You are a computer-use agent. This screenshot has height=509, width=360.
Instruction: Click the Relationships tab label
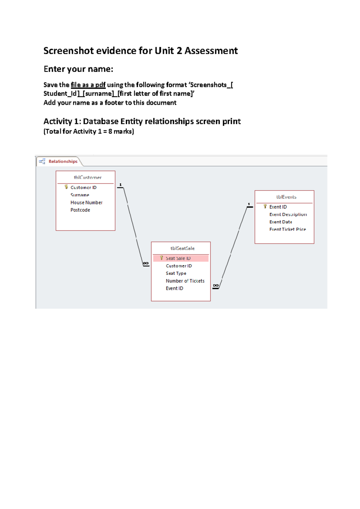(x=63, y=161)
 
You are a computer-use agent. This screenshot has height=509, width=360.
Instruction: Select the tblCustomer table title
(x=88, y=177)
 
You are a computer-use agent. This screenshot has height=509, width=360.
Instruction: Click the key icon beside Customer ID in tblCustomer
(x=66, y=187)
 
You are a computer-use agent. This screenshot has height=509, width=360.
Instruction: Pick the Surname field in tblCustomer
(x=80, y=195)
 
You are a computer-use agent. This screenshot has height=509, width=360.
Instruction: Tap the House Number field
(x=86, y=203)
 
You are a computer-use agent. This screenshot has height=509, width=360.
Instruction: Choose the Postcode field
(x=80, y=210)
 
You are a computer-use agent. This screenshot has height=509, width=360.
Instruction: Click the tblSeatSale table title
(x=182, y=248)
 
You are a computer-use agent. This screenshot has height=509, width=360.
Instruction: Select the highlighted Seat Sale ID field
(x=178, y=258)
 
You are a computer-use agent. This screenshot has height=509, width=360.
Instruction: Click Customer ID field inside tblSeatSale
(x=179, y=266)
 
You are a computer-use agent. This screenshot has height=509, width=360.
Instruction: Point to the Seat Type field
(x=176, y=273)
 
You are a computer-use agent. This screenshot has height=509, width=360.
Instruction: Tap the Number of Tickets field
(x=185, y=281)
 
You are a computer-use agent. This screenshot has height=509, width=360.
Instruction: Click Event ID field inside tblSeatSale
(x=174, y=288)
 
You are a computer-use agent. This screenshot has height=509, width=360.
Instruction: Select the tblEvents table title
(x=286, y=197)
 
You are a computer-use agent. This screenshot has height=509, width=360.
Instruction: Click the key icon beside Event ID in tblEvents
(x=265, y=206)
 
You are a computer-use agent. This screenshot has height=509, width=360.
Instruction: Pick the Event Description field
(x=288, y=214)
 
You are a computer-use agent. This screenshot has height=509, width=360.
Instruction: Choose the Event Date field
(x=280, y=222)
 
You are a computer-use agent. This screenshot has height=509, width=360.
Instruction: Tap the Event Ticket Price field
(x=287, y=229)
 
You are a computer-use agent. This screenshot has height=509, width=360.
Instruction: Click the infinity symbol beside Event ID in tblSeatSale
(x=216, y=285)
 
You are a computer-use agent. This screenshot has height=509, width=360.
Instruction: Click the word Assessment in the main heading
(x=211, y=51)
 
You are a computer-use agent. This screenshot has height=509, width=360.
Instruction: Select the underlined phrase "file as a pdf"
(x=88, y=85)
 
